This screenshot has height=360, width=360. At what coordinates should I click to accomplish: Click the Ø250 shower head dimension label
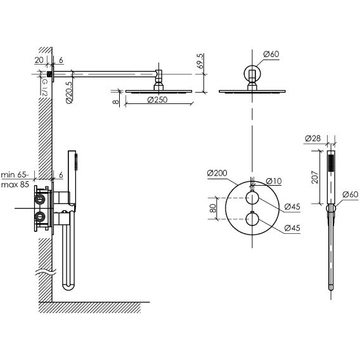[157, 100]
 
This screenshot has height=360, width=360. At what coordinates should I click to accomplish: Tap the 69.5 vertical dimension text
[200, 61]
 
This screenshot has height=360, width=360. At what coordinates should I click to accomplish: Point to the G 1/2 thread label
[44, 87]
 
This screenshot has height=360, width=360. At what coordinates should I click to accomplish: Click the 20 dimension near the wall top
[39, 60]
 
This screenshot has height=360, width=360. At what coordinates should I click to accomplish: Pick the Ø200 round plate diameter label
[217, 173]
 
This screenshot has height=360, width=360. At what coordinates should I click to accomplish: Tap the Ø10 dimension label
[274, 181]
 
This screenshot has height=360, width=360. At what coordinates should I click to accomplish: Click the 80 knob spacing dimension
[213, 209]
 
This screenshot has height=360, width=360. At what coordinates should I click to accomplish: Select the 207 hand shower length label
[315, 177]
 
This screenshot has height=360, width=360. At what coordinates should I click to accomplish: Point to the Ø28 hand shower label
[312, 138]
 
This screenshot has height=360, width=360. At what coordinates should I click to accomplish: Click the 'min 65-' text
[15, 175]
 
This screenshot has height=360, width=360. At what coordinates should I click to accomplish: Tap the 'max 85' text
[15, 184]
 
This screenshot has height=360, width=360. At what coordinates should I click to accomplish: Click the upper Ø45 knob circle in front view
[252, 198]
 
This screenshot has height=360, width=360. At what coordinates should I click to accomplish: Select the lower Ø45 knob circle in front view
[252, 219]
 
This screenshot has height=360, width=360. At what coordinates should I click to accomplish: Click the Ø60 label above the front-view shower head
[271, 54]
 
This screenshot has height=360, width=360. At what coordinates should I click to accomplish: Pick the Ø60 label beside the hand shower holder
[350, 195]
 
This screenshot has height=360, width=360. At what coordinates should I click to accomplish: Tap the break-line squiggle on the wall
[46, 273]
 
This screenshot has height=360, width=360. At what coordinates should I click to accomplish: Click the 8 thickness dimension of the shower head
[116, 101]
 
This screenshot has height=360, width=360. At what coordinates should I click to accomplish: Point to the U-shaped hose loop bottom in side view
[68, 286]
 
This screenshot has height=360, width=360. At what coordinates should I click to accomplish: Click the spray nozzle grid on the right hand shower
[331, 163]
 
